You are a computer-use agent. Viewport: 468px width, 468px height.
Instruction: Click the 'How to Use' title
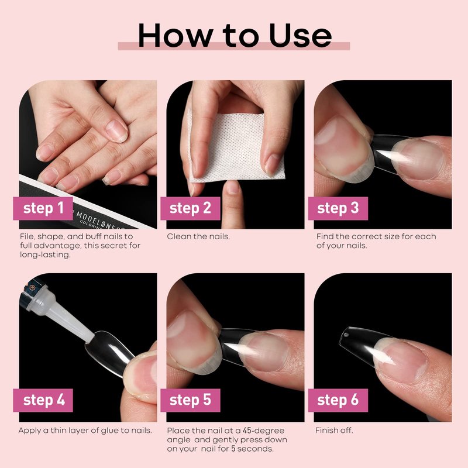tap(235, 35)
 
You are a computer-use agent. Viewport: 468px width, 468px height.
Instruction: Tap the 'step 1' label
tap(43, 208)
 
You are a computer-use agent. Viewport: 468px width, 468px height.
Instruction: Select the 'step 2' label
tap(190, 208)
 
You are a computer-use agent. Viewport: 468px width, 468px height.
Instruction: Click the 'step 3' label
tap(338, 208)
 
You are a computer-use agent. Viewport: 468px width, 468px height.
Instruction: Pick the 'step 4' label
tap(43, 400)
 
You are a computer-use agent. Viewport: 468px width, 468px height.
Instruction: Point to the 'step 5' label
tap(190, 400)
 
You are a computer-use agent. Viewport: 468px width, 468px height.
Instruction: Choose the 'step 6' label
tap(338, 400)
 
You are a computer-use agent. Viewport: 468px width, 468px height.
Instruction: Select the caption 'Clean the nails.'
tap(198, 237)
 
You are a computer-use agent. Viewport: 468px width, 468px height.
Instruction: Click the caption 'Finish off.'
tap(334, 431)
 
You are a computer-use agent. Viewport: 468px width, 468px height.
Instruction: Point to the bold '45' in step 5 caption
tap(247, 431)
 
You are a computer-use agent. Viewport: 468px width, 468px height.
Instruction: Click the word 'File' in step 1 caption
tap(26, 237)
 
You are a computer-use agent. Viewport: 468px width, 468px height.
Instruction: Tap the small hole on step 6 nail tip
tap(346, 335)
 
